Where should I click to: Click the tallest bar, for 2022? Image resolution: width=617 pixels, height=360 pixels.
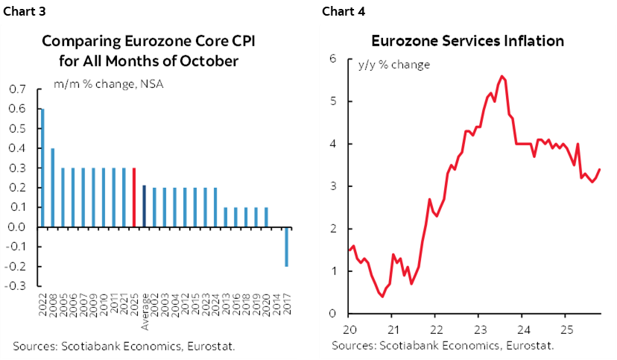[42, 168]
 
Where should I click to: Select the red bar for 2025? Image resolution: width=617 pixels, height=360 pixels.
[133, 198]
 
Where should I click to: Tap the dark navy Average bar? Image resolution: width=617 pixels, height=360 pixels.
[144, 206]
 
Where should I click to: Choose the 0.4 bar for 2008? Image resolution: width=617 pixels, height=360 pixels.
[52, 187]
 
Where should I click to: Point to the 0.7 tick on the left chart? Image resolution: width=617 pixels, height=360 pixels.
[16, 89]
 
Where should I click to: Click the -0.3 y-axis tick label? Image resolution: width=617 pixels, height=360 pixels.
[14, 285]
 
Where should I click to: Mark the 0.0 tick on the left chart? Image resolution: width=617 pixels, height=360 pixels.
[16, 227]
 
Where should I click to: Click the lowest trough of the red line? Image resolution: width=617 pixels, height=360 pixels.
[382, 296]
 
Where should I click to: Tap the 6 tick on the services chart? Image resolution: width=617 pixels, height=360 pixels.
[335, 59]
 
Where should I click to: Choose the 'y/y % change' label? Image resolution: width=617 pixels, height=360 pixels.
[395, 65]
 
